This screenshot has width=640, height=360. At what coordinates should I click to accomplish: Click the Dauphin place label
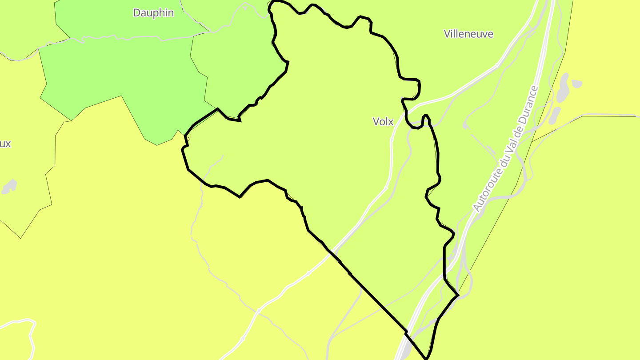(x=153, y=13)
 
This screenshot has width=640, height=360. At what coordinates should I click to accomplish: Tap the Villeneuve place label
(x=468, y=34)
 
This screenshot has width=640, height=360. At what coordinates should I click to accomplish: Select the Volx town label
(x=383, y=121)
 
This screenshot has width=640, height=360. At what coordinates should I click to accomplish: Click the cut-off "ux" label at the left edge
(x=5, y=144)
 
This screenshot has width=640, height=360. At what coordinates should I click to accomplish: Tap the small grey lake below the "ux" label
(x=9, y=187)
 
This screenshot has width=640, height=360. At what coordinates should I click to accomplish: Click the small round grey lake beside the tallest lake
(x=576, y=83)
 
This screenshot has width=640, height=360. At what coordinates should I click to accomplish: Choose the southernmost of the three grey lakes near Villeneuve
(x=555, y=116)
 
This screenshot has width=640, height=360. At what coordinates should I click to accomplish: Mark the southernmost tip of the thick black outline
(x=426, y=358)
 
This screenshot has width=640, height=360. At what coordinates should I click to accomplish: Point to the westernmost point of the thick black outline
(x=182, y=150)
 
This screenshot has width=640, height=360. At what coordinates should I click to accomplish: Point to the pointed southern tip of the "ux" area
(x=20, y=238)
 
